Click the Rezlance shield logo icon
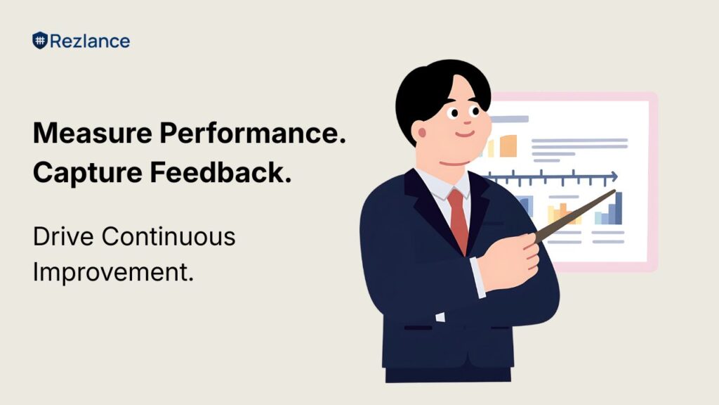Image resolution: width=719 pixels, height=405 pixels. tap(39, 41)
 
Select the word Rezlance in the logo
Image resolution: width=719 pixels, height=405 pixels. tap(89, 41)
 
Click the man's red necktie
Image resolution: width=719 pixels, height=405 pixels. tap(458, 218)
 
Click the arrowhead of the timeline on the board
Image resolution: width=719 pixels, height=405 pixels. tap(614, 176)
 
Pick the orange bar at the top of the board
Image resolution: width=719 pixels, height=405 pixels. tap(508, 146)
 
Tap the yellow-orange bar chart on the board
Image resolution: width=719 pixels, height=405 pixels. tap(563, 214)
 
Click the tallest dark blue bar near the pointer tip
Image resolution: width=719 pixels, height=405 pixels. tap(618, 209)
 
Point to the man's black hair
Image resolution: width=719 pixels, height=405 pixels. tap(435, 88)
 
